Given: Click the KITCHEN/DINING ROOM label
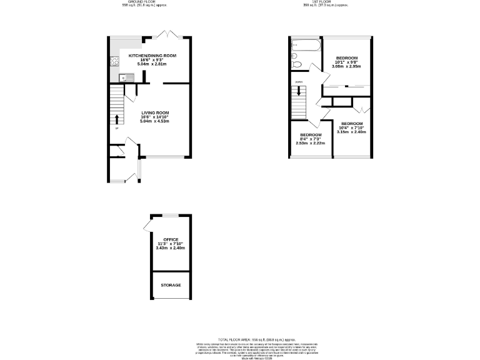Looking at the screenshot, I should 152,56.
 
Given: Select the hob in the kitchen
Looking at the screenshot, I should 115,61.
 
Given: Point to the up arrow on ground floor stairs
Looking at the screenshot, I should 115,119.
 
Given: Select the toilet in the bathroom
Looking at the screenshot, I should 297,64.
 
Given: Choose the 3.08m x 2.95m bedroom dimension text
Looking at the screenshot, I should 347,66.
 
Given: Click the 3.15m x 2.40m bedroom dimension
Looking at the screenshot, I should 352,132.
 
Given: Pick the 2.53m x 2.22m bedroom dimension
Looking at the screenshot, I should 311,143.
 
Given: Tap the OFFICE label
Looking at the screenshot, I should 171,239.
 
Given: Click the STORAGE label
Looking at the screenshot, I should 171,285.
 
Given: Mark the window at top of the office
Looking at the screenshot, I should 171,215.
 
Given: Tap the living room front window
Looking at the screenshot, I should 164,156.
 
